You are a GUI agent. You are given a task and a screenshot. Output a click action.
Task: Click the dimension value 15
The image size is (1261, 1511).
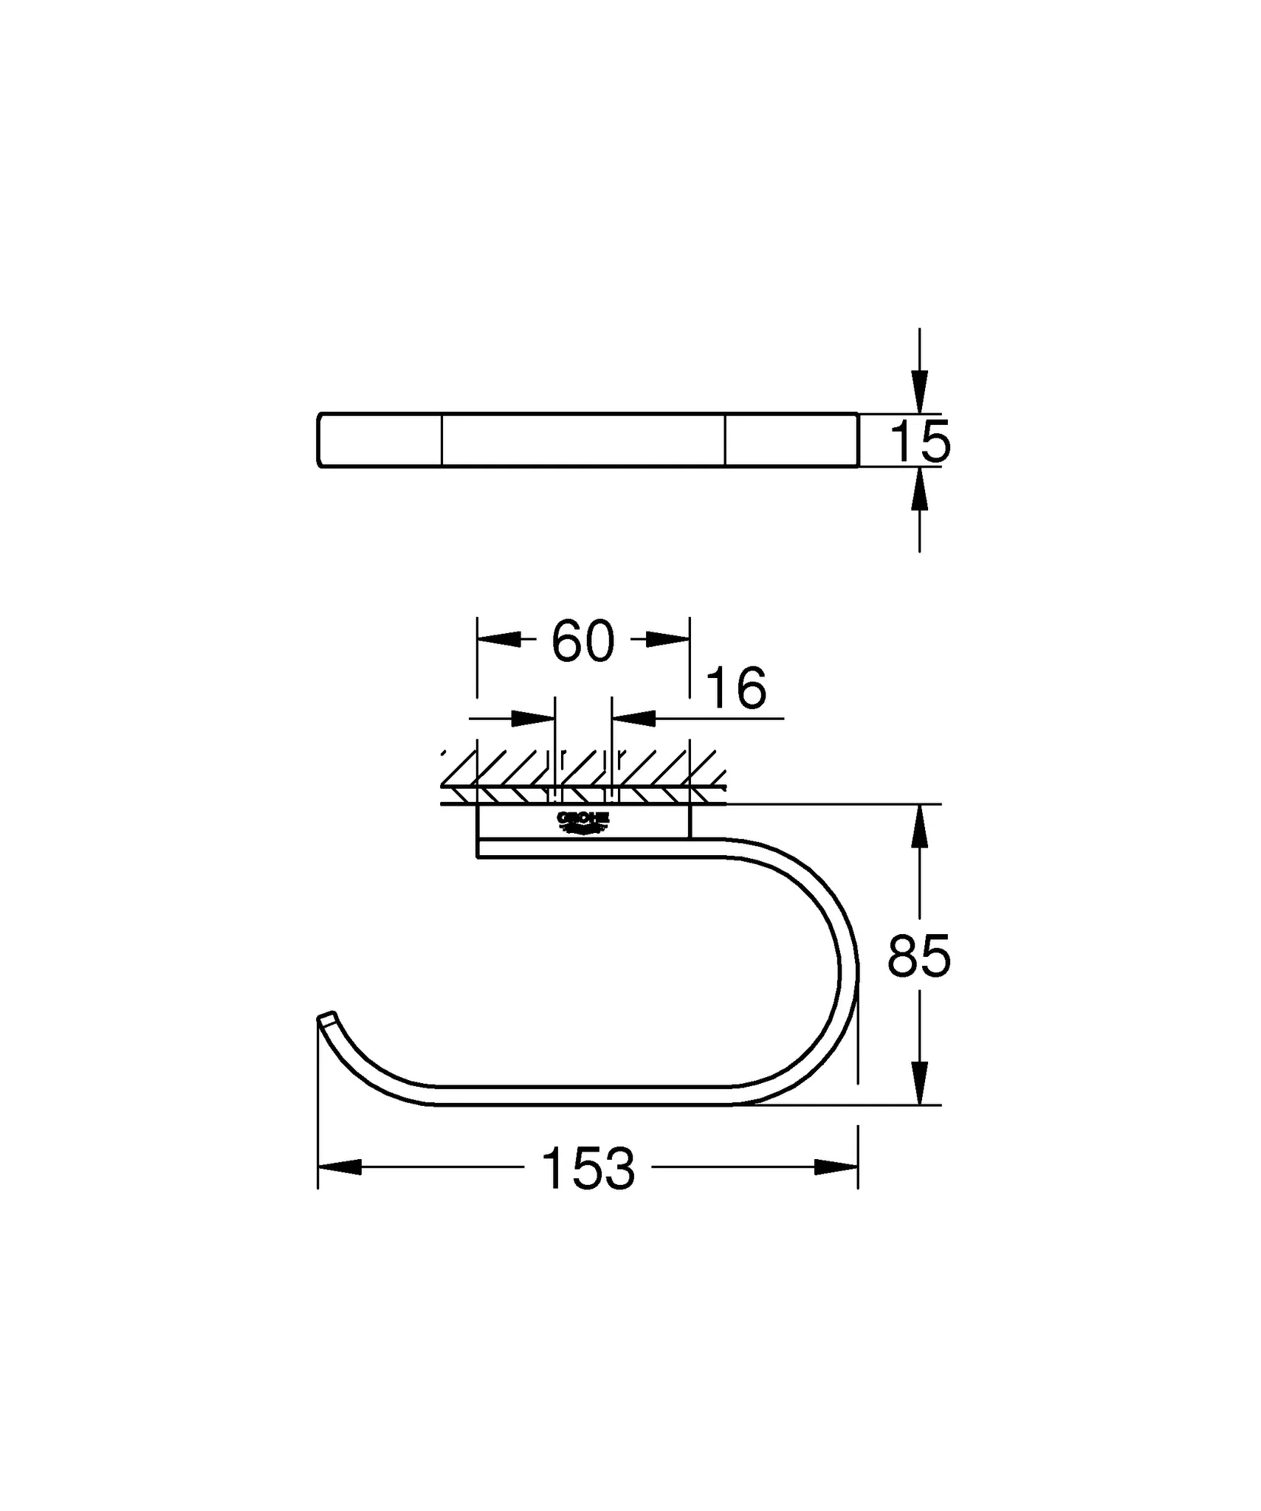[920, 442]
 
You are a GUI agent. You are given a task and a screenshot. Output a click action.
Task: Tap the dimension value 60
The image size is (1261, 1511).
[583, 640]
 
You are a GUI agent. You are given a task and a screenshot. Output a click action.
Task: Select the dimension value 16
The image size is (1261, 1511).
[736, 688]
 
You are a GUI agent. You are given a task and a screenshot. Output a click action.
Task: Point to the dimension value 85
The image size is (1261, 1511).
[918, 956]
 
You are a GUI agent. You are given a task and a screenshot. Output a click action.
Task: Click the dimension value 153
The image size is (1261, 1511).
[588, 1168]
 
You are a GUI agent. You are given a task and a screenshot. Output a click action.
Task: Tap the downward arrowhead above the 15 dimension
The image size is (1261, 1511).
[919, 391]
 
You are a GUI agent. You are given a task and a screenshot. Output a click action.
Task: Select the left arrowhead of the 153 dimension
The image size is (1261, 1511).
[340, 1167]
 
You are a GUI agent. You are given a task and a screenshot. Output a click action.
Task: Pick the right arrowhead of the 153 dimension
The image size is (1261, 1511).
[836, 1167]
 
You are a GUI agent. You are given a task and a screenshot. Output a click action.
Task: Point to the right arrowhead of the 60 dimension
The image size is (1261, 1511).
[667, 640]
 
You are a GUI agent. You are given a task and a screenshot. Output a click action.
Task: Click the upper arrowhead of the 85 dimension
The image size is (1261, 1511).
[919, 826]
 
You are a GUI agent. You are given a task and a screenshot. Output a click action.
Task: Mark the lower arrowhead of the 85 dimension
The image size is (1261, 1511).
[919, 1082]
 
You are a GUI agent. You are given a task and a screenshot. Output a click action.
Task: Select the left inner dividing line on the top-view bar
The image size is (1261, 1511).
[441, 440]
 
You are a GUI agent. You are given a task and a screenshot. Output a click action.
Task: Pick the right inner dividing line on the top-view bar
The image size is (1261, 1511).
[725, 440]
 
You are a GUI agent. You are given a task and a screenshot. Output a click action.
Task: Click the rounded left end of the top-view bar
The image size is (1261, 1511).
[320, 440]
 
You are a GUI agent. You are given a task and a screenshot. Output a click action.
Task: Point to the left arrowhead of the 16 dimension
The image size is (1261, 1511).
[533, 717]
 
